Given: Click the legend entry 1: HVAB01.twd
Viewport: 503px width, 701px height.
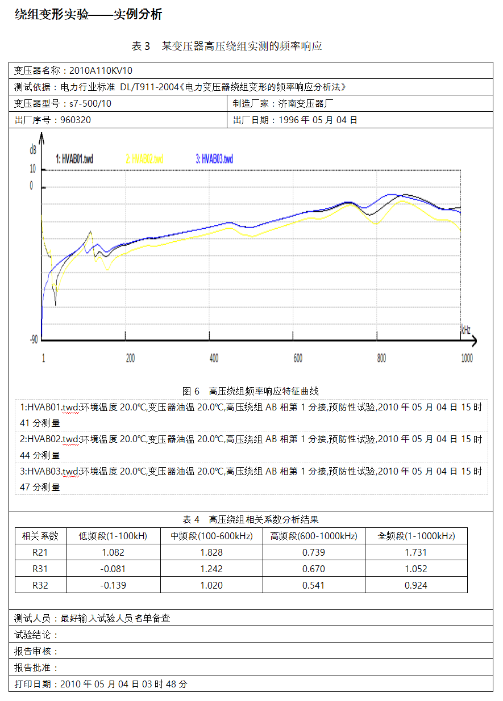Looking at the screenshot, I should click(74, 159).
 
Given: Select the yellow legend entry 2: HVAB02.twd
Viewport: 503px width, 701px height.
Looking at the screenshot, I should click(144, 159).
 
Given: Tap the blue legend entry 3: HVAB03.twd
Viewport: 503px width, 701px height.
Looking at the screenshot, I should click(214, 159).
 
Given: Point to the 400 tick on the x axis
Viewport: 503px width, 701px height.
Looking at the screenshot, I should click(214, 359).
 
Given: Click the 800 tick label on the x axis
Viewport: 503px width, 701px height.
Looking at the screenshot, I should click(381, 359).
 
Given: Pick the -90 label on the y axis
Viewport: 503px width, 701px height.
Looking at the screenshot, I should click(35, 339).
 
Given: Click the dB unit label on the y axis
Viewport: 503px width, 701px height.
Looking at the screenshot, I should click(33, 150).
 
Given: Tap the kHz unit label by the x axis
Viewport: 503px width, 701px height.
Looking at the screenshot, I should click(465, 330).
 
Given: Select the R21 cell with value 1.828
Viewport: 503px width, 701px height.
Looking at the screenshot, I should click(211, 552).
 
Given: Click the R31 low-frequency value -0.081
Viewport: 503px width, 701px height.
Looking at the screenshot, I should click(113, 569).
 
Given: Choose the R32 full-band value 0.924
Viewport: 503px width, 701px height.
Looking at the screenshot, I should click(415, 585).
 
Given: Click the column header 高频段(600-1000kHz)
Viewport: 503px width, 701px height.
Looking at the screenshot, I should click(314, 536).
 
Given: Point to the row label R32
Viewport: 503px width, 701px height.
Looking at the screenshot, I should click(40, 585).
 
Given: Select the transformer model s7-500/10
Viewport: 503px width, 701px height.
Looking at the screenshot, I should click(90, 103).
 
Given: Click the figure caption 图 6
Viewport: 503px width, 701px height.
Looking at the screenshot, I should click(191, 391).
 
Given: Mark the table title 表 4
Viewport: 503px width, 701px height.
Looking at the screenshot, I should click(191, 519).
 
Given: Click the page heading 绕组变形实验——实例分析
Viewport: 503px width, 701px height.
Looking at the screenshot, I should click(88, 15).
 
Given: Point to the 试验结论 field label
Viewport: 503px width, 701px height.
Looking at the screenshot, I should click(35, 635).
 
